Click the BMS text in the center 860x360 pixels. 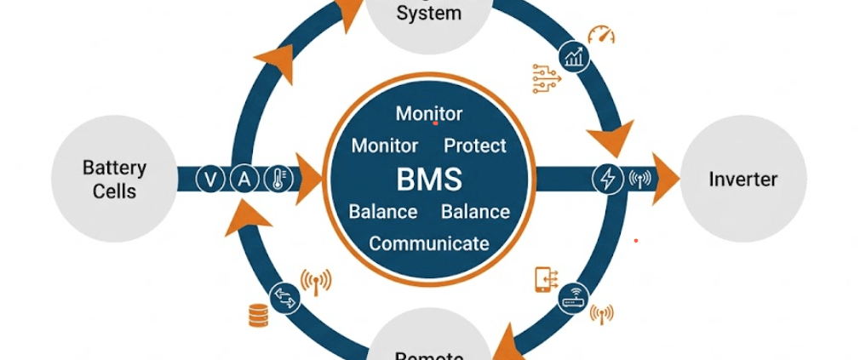429,180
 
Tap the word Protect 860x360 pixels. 475,146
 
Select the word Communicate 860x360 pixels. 429,243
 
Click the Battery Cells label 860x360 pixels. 114,179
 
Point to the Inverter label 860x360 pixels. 743,180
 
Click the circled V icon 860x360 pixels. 209,180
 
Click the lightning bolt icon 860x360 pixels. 608,180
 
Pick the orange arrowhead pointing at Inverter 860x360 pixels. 667,180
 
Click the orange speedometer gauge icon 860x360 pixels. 601,35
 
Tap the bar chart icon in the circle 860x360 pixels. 573,58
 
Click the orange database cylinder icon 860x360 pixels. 258,316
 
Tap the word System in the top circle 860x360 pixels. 429,14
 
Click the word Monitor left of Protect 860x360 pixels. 385,146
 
